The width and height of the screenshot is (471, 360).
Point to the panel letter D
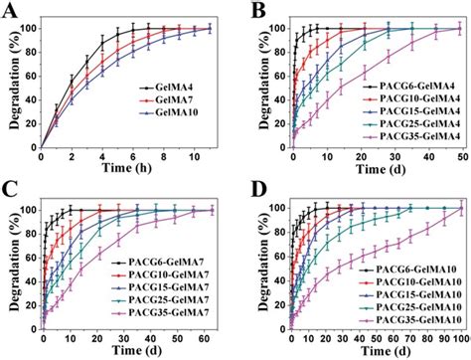246,191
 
